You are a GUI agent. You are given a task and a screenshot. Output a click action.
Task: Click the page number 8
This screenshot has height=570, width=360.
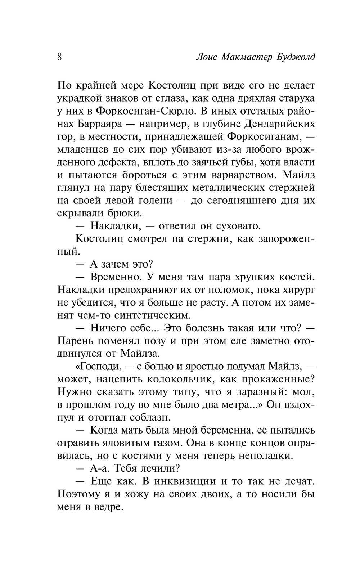point(59,57)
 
